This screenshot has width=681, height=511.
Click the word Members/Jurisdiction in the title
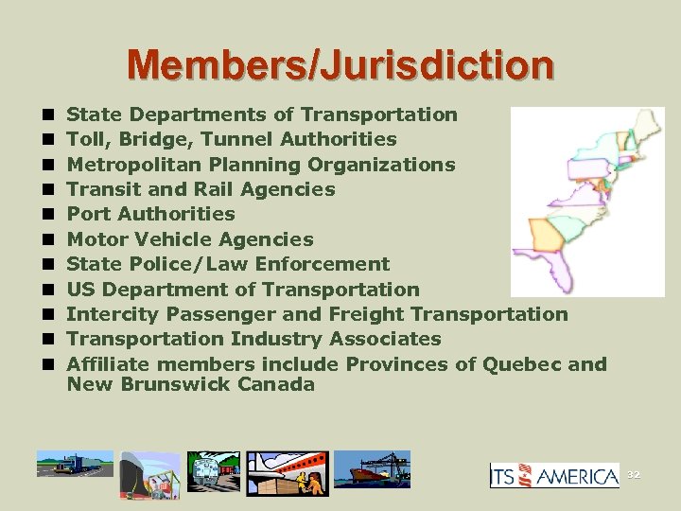(340, 64)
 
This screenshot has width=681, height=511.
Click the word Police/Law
(194, 264)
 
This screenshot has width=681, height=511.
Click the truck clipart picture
(74, 467)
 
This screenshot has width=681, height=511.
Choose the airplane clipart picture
(288, 468)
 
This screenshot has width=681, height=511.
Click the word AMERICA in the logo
(579, 476)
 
